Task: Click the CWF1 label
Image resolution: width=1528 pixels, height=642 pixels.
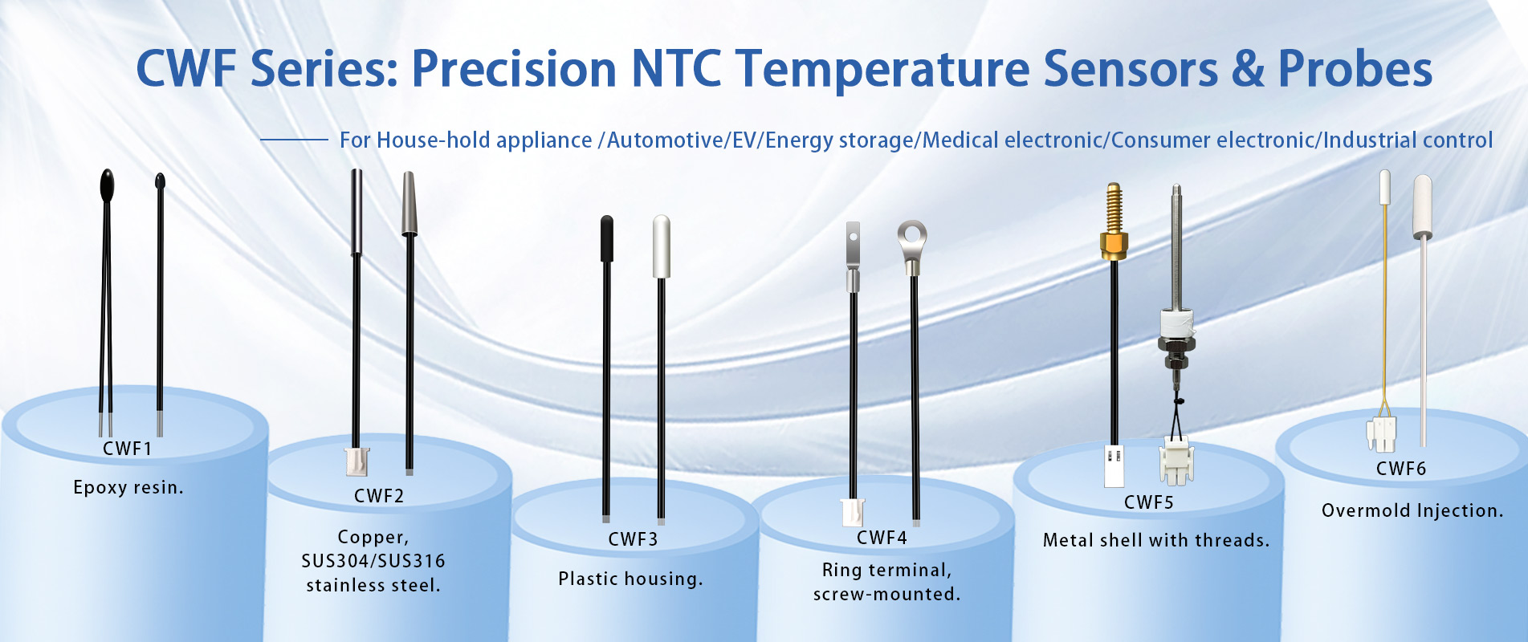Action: (127, 449)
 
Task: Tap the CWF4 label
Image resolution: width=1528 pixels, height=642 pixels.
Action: (882, 538)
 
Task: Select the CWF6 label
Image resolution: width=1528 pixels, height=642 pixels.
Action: (1401, 469)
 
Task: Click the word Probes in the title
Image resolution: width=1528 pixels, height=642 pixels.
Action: (1355, 69)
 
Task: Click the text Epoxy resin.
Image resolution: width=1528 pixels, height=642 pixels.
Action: (128, 487)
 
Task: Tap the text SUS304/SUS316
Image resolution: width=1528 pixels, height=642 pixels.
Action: (373, 561)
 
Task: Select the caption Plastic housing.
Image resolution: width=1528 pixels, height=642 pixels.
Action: (630, 579)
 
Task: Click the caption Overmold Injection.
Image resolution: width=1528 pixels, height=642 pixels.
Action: (1412, 510)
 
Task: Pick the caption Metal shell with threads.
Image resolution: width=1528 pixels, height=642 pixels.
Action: (1156, 540)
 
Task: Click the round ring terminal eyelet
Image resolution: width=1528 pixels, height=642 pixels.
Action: (912, 236)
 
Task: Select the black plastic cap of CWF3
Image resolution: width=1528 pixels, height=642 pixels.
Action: (607, 238)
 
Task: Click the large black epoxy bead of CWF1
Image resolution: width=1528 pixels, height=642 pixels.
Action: (107, 185)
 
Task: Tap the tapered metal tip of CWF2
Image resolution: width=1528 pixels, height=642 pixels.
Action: (410, 205)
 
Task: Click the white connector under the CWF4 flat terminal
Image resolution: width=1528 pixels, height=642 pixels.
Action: (852, 512)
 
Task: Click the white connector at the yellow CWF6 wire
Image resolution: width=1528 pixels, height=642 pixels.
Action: (1382, 434)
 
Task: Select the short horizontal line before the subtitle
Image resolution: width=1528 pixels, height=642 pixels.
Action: (294, 140)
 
